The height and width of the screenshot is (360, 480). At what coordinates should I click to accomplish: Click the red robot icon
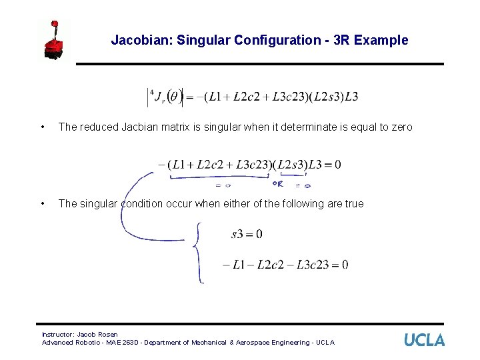click(54, 41)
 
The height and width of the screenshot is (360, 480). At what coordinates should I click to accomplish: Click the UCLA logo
click(424, 340)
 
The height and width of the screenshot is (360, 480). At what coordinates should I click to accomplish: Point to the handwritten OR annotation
click(279, 183)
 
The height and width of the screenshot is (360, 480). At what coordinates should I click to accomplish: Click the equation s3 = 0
click(247, 234)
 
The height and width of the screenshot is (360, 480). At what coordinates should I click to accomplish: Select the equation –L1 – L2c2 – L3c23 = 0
click(285, 265)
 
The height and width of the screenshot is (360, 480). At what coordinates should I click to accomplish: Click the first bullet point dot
click(43, 127)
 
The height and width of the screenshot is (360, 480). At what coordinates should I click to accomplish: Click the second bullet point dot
click(43, 203)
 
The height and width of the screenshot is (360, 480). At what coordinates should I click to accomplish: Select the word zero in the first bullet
click(402, 127)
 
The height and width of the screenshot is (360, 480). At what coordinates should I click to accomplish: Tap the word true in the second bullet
click(354, 203)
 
